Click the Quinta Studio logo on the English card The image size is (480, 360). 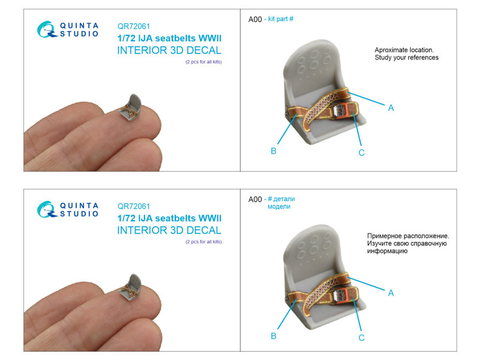click(68, 29)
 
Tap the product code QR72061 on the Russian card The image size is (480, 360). click(133, 206)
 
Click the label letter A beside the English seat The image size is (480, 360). click(391, 108)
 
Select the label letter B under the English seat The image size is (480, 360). click(274, 151)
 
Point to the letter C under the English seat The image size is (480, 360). click(361, 152)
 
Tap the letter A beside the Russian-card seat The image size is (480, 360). click(391, 293)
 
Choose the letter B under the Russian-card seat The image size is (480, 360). click(274, 336)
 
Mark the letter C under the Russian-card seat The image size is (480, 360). click(361, 338)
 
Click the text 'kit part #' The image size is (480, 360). click(281, 19)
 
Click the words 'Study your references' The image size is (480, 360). click(407, 58)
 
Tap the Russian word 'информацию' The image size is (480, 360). click(387, 251)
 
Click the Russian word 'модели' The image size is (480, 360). click(279, 206)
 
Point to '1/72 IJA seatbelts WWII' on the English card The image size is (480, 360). click(169, 38)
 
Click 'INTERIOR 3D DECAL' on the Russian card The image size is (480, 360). click(169, 230)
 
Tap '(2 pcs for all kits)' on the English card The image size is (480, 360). click(203, 62)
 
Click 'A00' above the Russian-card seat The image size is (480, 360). click(255, 200)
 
